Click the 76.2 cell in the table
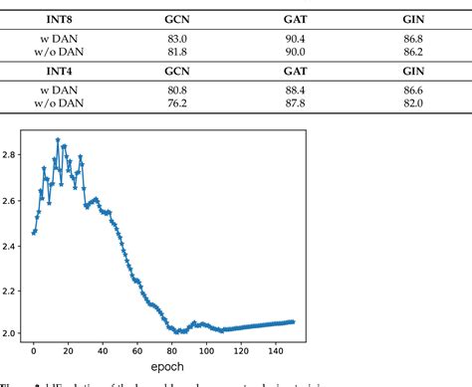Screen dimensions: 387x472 click(175, 102)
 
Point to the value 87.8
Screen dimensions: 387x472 click(295, 102)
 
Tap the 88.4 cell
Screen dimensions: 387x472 click(295, 89)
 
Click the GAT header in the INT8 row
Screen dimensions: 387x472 click(295, 18)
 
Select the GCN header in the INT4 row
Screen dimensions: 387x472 click(175, 72)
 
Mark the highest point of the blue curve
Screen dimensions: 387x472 click(58, 140)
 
